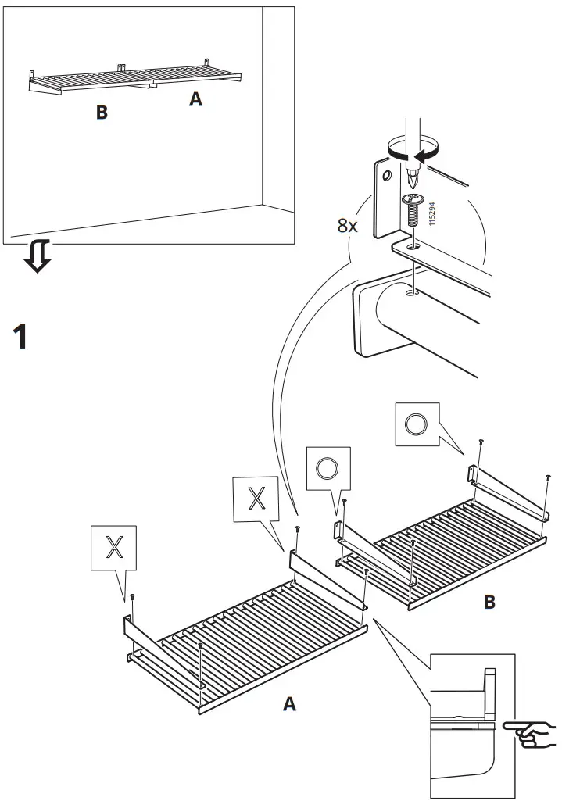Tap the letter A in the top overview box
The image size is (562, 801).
[x=195, y=100]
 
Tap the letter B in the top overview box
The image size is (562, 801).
[x=102, y=113]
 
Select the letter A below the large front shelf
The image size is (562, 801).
[x=289, y=704]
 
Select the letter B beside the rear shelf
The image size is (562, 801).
[x=490, y=603]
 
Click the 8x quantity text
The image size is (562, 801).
[x=347, y=226]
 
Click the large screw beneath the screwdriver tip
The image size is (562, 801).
[x=413, y=209]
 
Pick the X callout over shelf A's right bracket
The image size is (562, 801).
[x=256, y=499]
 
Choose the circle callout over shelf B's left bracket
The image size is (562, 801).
[x=328, y=469]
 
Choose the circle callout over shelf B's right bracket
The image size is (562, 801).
[x=417, y=425]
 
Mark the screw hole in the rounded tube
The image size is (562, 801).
[x=411, y=294]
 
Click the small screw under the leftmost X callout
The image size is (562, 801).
[x=132, y=599]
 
